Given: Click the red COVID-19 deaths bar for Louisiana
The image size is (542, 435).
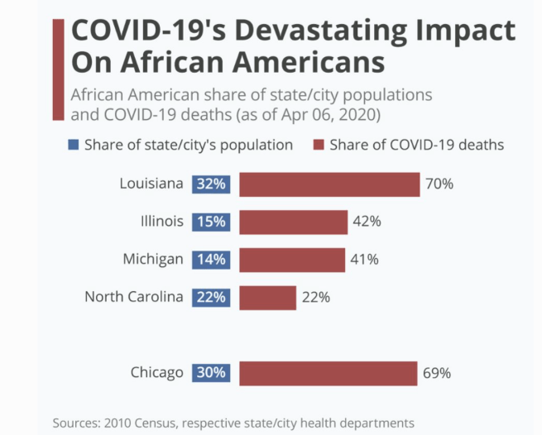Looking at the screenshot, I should coord(329,184).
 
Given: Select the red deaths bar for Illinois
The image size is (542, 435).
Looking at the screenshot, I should coord(293,222).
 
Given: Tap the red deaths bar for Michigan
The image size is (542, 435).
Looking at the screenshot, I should coord(291,259).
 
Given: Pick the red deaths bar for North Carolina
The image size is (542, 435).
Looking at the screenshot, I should coord(267,297).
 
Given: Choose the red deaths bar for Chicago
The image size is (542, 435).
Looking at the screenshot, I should coord(329,373).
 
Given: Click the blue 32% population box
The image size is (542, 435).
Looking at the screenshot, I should coord(211,184).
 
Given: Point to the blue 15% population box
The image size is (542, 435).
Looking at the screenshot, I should coord(211,222).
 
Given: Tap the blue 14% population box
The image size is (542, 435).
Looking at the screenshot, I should coord(211,259).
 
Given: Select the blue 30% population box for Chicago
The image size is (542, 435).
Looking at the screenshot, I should coord(211,373).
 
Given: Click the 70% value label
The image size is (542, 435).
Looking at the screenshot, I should coord(439,184).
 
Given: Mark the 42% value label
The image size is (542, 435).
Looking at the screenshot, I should coord(367,222).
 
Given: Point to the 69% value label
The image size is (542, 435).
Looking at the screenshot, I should coord(437,373).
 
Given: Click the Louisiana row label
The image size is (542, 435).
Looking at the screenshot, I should coord(151,184).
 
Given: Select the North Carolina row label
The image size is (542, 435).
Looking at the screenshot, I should coord(133,296).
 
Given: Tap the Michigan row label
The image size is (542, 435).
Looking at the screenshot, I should coord(153,259).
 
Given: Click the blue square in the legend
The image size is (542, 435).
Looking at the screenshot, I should coord(74,145).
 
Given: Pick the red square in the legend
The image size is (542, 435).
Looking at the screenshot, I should coord(318,145).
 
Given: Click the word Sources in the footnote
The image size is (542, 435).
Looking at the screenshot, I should coord(77,422).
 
